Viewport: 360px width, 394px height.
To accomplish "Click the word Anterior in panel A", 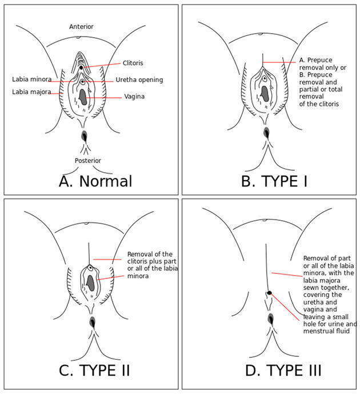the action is (81, 27).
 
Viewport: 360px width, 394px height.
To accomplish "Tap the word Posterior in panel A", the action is (88, 161).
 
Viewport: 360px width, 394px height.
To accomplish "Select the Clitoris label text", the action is (133, 63).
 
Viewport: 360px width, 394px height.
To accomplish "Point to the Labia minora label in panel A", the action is (32, 79).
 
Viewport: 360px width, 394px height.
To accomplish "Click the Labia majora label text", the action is (31, 92).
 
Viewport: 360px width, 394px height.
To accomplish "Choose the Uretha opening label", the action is (139, 80).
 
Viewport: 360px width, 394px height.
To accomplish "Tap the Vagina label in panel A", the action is (134, 97).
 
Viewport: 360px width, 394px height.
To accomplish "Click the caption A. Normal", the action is (95, 181).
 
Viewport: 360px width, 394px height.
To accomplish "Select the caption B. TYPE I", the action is (274, 181).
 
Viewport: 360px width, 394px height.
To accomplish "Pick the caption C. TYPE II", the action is (94, 371).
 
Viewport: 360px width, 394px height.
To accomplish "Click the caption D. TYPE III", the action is (283, 371).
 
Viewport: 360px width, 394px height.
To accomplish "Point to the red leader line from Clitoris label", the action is (102, 65).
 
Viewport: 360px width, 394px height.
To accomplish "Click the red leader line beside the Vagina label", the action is (103, 97).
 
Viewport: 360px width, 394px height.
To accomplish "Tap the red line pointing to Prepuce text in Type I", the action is (279, 62).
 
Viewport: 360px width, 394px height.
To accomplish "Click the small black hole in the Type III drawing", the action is (269, 293).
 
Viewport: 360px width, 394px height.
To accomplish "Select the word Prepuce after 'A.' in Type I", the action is (319, 60).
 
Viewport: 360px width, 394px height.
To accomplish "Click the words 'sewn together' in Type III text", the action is (326, 288).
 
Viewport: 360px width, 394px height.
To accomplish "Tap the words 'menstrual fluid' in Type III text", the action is (326, 331).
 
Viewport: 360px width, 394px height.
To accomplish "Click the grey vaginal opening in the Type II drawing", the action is (91, 283).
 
